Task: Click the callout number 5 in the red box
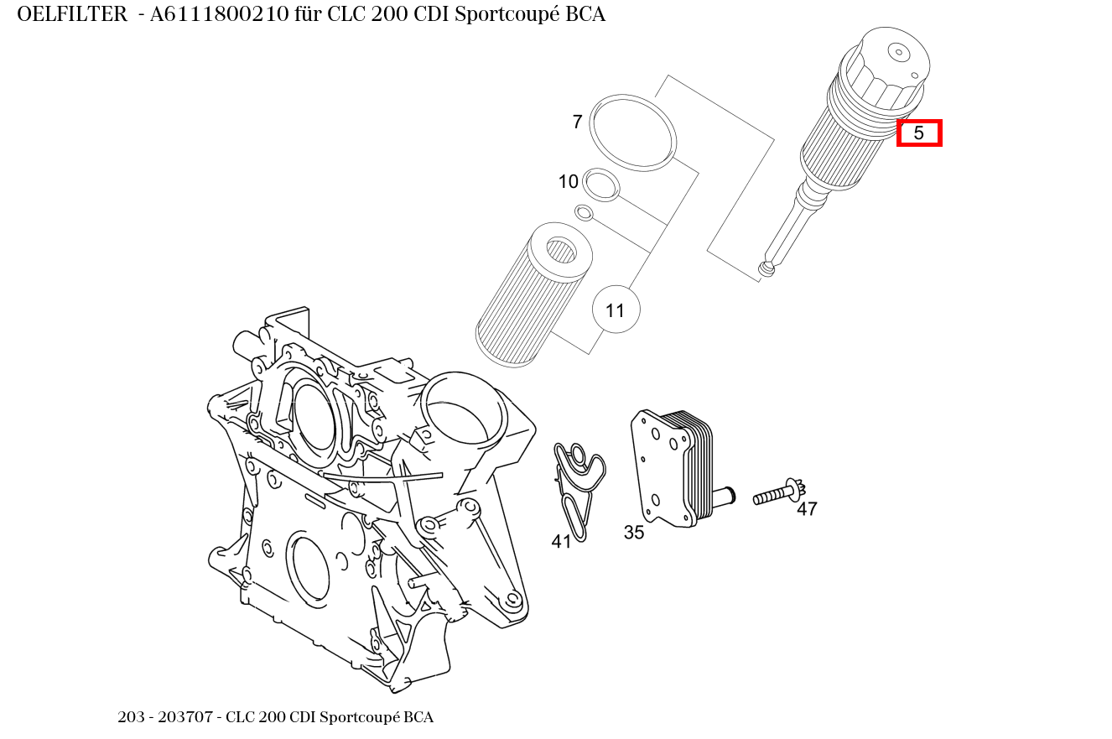click(919, 133)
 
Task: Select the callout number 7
click(577, 122)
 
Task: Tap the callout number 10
click(569, 182)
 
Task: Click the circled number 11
click(616, 310)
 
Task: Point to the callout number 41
click(562, 542)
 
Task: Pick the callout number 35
click(634, 532)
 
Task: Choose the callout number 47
click(807, 508)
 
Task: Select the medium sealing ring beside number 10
click(601, 185)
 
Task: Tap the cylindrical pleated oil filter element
click(533, 294)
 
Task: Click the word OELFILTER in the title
click(71, 14)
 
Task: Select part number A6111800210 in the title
click(220, 14)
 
